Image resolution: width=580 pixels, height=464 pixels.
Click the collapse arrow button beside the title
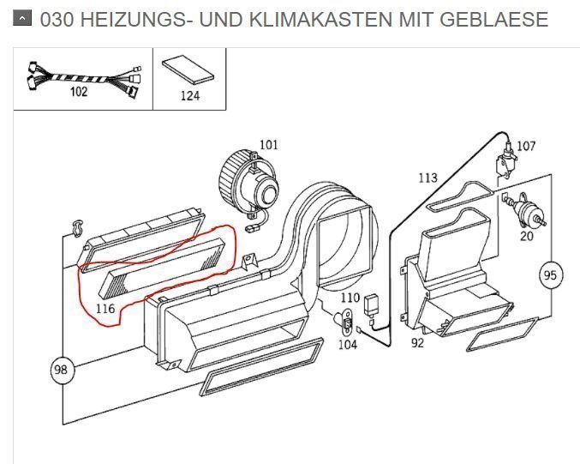pyautogui.click(x=22, y=17)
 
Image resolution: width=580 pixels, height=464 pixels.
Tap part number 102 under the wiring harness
pyautogui.click(x=79, y=91)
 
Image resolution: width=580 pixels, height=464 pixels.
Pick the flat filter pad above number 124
pyautogui.click(x=188, y=70)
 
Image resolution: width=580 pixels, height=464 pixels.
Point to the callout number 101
pyautogui.click(x=268, y=144)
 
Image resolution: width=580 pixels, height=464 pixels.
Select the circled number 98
pyautogui.click(x=63, y=370)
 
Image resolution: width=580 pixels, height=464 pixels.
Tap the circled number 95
pyautogui.click(x=550, y=275)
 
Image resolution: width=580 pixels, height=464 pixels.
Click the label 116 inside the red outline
pyautogui.click(x=105, y=308)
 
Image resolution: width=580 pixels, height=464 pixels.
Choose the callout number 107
pyautogui.click(x=526, y=146)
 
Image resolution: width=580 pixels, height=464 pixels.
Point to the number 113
pyautogui.click(x=428, y=178)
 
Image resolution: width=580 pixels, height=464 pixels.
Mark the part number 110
pyautogui.click(x=350, y=298)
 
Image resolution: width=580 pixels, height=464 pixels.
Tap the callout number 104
pyautogui.click(x=348, y=345)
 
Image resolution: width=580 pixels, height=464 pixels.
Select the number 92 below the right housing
pyautogui.click(x=417, y=343)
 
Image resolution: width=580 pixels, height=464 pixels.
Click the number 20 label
pyautogui.click(x=527, y=236)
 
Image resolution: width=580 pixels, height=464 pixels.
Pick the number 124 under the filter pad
pyautogui.click(x=189, y=96)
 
